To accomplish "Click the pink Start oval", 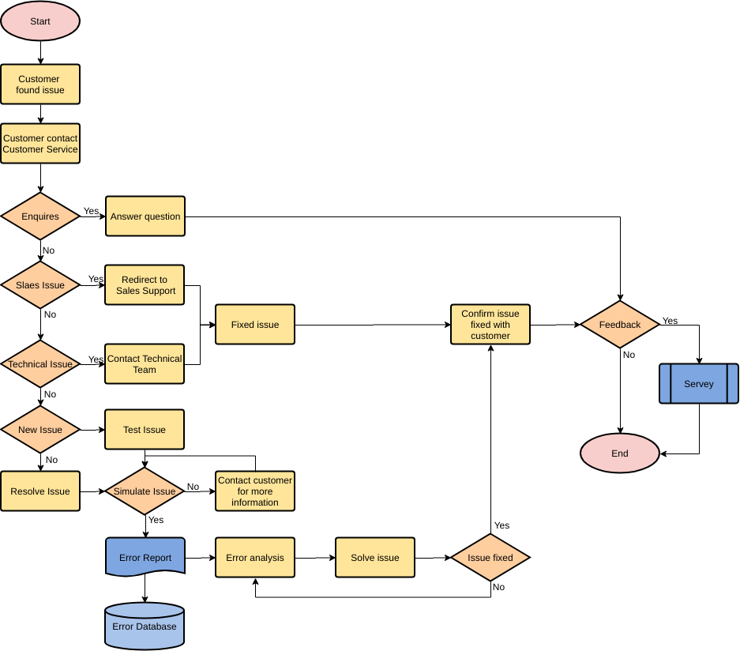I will coord(40,21).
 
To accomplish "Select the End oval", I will coord(620,453).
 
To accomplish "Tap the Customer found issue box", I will coord(40,85).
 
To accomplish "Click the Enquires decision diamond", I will coord(40,216).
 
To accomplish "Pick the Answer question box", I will coord(145,216).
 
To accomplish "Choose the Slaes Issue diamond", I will coord(40,284).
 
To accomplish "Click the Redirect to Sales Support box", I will coord(145,285).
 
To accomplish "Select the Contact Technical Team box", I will coord(145,364).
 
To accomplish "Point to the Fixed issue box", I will coord(255,325).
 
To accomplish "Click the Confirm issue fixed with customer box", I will coord(490,325).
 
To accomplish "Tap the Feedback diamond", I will coord(620,325).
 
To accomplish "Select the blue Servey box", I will coord(699,384).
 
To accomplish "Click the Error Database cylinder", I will coord(145,627).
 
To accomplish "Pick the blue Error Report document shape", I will coord(145,557).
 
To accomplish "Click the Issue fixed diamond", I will coord(490,558).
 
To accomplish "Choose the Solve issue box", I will coord(375,558).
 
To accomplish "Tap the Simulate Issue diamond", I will coord(145,491).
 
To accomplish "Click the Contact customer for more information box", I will coord(255,491).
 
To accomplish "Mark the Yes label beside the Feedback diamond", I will coord(670,321).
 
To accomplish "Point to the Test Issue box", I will coord(145,430).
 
